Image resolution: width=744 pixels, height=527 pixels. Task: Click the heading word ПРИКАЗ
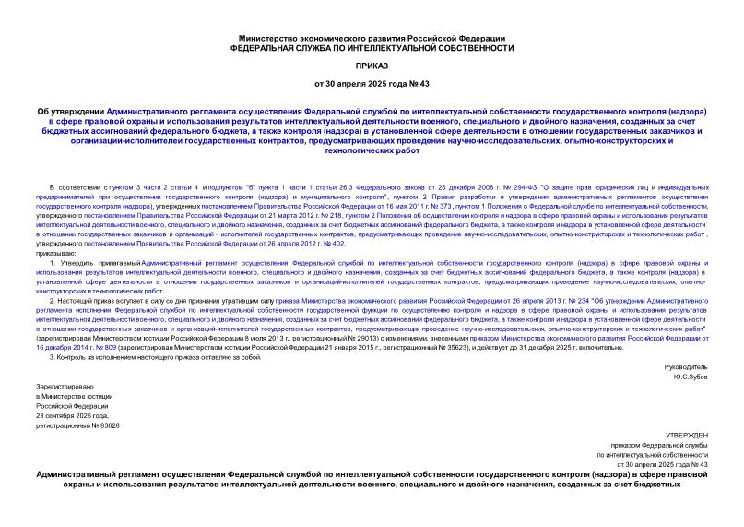[x=372, y=67]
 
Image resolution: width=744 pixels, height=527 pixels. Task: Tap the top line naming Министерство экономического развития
[x=372, y=36]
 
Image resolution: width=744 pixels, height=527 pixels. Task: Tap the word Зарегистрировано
[x=60, y=390]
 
